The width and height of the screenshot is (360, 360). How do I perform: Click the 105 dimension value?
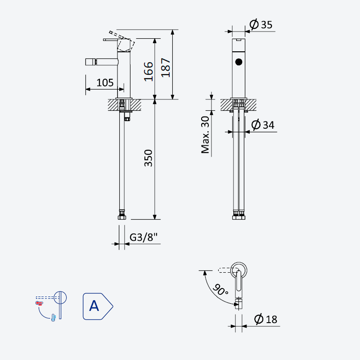tap(105, 83)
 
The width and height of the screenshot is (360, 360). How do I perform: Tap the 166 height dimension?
tap(148, 72)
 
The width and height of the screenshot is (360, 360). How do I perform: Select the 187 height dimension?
tap(166, 67)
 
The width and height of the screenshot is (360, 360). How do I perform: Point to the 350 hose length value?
tap(148, 158)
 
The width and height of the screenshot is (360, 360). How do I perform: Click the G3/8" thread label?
tap(144, 237)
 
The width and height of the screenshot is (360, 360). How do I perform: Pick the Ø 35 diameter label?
tap(261, 24)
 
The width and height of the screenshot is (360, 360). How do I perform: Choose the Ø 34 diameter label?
tap(263, 125)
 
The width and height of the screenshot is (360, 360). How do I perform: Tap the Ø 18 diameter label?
tap(265, 319)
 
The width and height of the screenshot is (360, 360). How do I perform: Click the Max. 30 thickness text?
tap(205, 135)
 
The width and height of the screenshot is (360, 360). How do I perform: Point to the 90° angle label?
tap(220, 290)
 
